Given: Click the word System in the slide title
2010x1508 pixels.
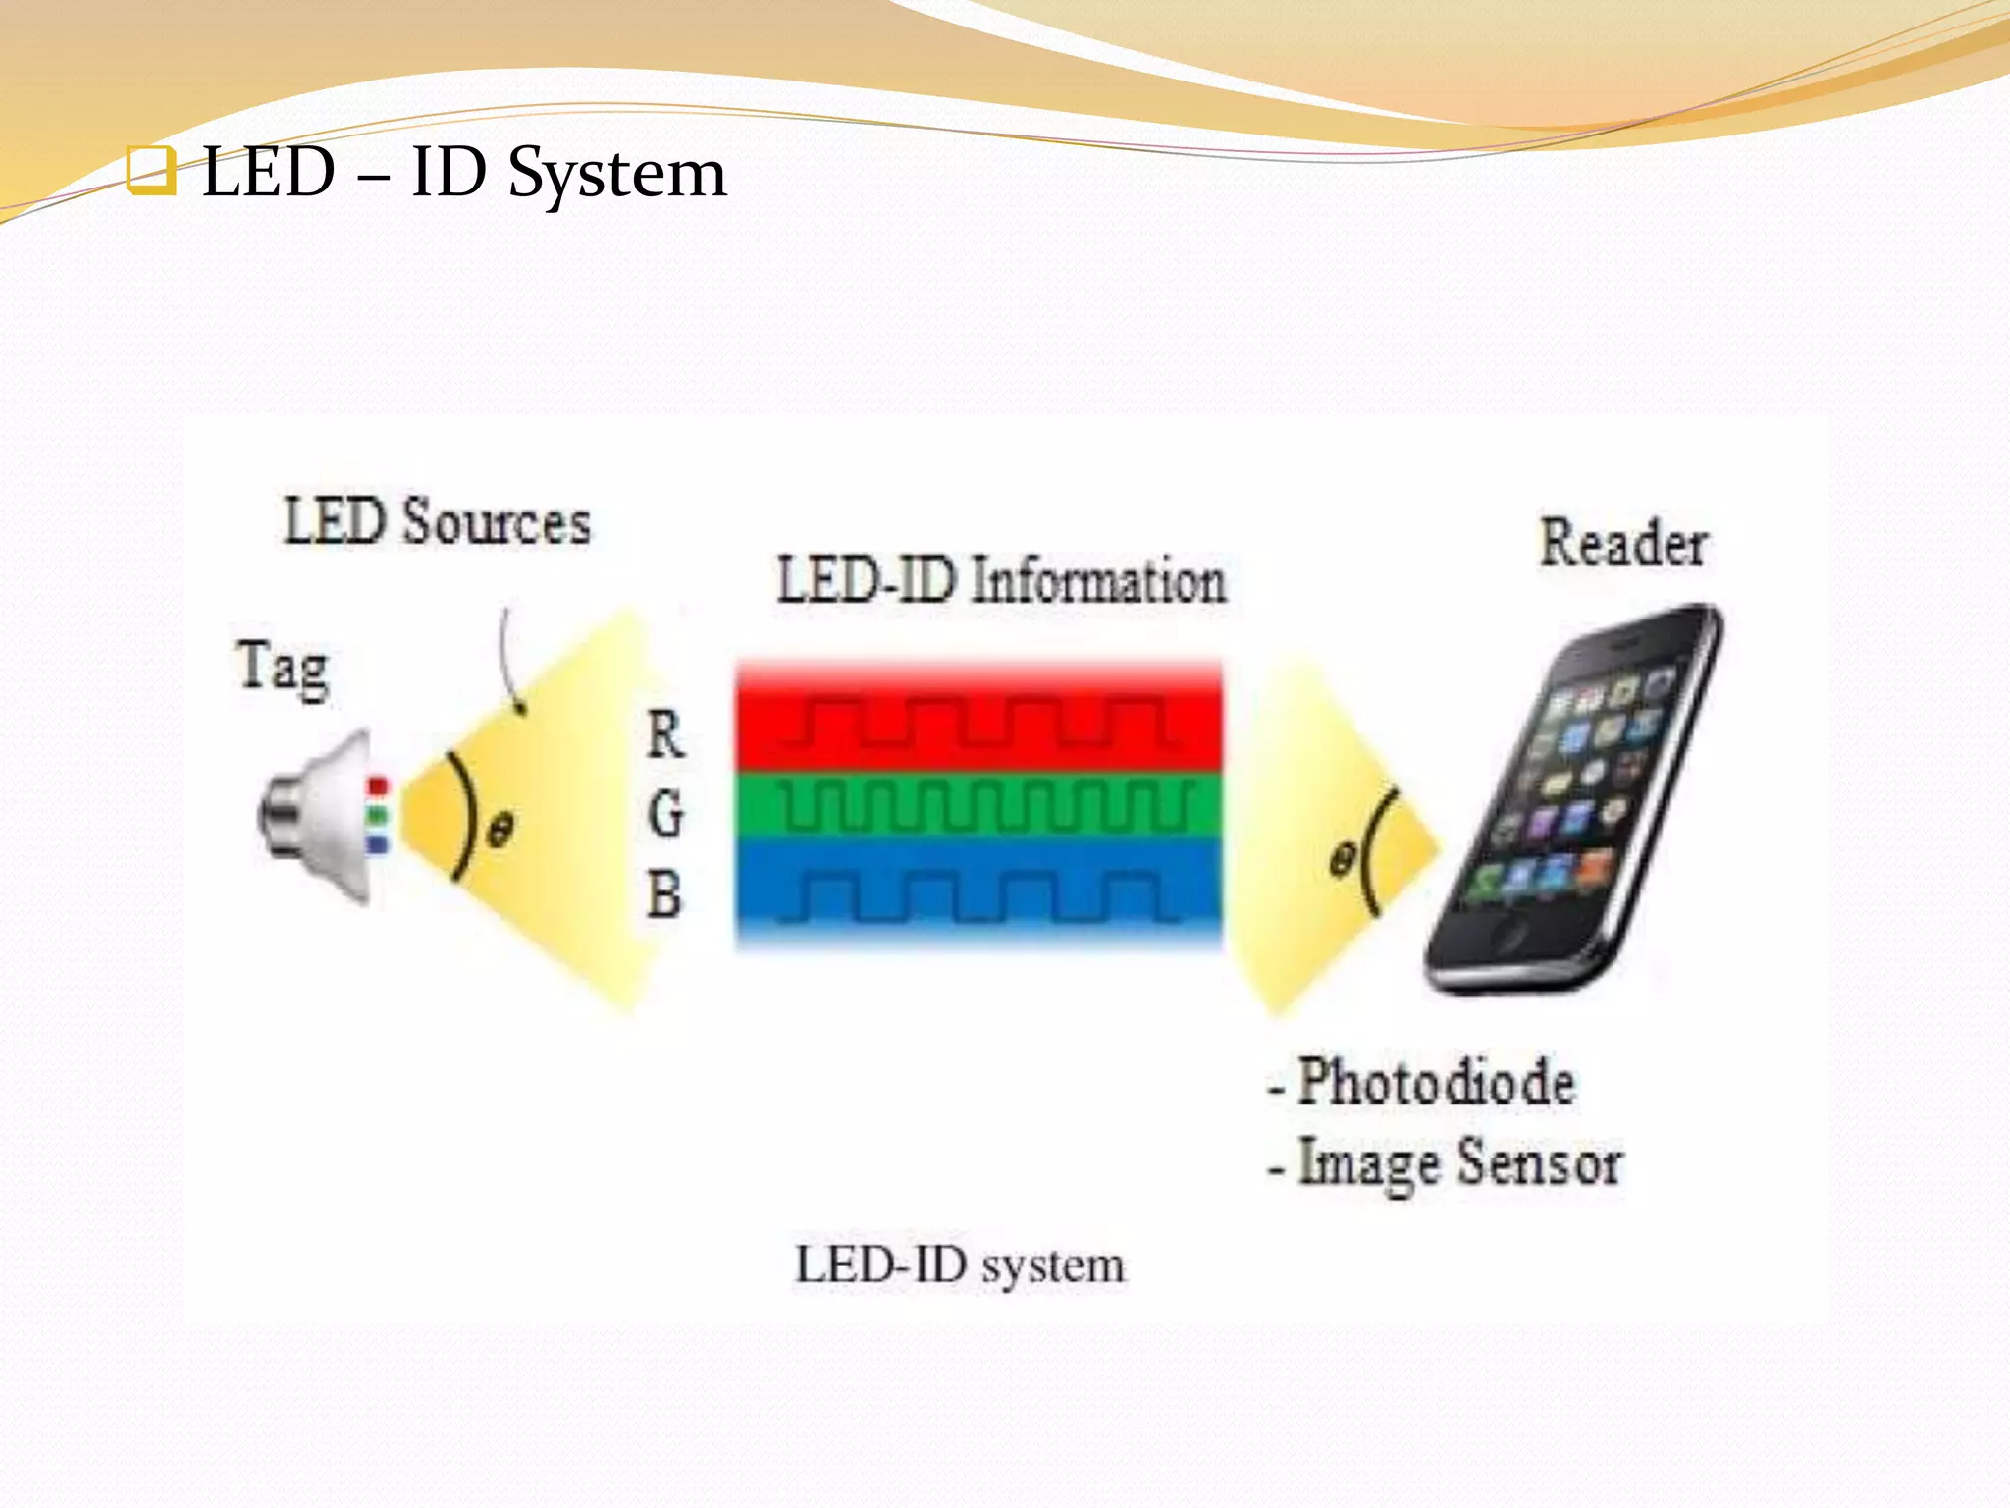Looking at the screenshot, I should (x=617, y=175).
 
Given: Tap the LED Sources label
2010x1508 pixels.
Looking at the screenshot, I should (x=438, y=521).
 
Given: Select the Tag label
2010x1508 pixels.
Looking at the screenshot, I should (x=283, y=667).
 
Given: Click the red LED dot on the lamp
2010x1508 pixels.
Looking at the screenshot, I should (x=378, y=786).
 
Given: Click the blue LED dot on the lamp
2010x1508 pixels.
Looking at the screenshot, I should (x=378, y=843).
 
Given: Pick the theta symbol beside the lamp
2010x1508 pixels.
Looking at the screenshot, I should (x=500, y=831).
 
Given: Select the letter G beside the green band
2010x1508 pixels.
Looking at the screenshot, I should (x=665, y=814).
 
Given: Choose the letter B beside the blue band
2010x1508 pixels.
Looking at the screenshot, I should (x=664, y=895).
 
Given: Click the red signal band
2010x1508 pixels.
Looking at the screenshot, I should (x=979, y=722).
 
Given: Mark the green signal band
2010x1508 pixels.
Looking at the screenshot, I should (x=979, y=805).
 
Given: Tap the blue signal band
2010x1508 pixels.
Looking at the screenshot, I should (x=979, y=893).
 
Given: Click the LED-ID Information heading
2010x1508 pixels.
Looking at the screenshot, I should (x=1001, y=580).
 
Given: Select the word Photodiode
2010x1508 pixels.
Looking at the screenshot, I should (x=1436, y=1082).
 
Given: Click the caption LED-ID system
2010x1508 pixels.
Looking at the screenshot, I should (x=960, y=1265).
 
